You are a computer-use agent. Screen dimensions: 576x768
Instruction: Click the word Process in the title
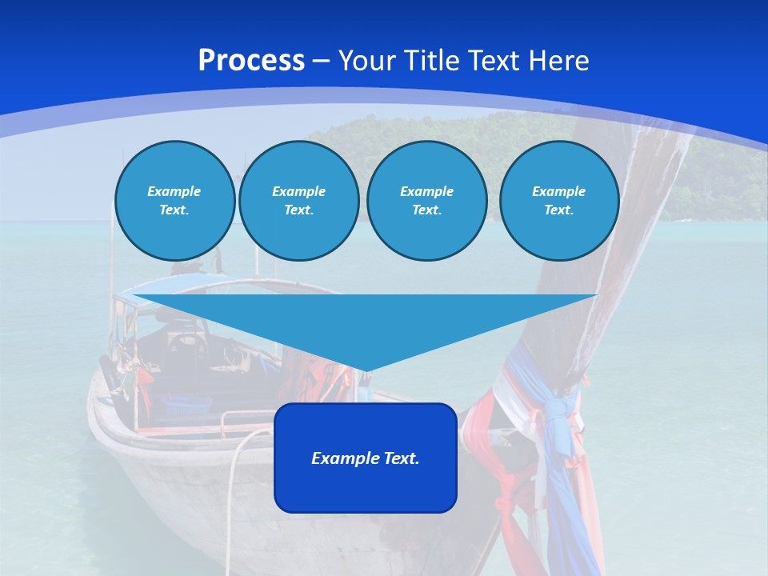[x=251, y=61]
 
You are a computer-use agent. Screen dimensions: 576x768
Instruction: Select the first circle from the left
[x=174, y=200]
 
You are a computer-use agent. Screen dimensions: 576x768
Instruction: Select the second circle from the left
[x=298, y=200]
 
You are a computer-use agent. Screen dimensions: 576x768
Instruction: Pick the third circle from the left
[x=426, y=200]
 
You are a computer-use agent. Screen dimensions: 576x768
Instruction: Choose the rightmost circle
[x=558, y=200]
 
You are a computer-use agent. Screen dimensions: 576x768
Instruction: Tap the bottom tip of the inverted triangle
[x=366, y=369]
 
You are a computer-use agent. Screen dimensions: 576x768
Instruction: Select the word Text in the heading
[x=490, y=61]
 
